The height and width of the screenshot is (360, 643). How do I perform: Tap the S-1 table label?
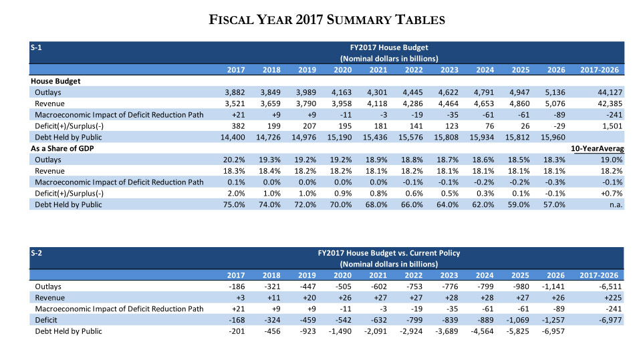(x=37, y=47)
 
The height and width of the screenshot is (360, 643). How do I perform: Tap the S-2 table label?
(x=37, y=253)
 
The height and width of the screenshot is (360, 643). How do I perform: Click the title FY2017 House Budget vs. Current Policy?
(x=389, y=253)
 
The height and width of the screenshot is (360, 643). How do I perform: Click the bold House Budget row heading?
(x=55, y=81)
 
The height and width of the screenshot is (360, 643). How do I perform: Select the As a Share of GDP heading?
(x=64, y=148)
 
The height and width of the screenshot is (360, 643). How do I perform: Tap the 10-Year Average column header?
(x=596, y=148)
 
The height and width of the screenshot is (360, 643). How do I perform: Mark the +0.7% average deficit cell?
(x=612, y=193)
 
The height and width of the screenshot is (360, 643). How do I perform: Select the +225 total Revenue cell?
(x=612, y=298)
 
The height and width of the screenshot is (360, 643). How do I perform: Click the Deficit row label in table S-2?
(x=46, y=321)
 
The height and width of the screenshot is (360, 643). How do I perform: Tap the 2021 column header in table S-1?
(x=378, y=69)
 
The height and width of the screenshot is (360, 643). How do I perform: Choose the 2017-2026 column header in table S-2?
(x=600, y=275)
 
